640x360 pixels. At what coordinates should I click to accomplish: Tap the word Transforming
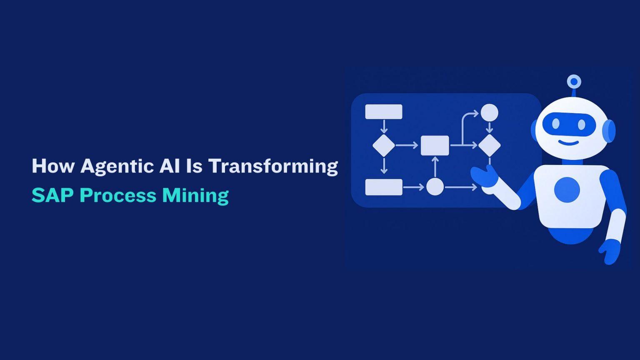[273, 167]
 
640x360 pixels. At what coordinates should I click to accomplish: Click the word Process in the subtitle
[118, 195]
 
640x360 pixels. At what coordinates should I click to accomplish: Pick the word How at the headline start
[53, 166]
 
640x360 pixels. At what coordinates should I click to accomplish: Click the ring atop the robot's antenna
[574, 82]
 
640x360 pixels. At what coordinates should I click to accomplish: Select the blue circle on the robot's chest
[567, 190]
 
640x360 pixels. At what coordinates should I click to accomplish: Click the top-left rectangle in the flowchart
[384, 112]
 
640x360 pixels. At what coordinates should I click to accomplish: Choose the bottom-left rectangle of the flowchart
[384, 187]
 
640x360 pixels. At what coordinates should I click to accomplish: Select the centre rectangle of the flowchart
[435, 145]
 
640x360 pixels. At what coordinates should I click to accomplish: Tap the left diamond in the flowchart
[383, 145]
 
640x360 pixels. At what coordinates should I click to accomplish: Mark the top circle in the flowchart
[489, 112]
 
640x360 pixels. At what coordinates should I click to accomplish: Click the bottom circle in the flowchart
[435, 187]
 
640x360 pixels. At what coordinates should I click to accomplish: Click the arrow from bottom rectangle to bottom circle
[413, 187]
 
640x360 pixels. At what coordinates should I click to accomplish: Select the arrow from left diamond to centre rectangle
[406, 145]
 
